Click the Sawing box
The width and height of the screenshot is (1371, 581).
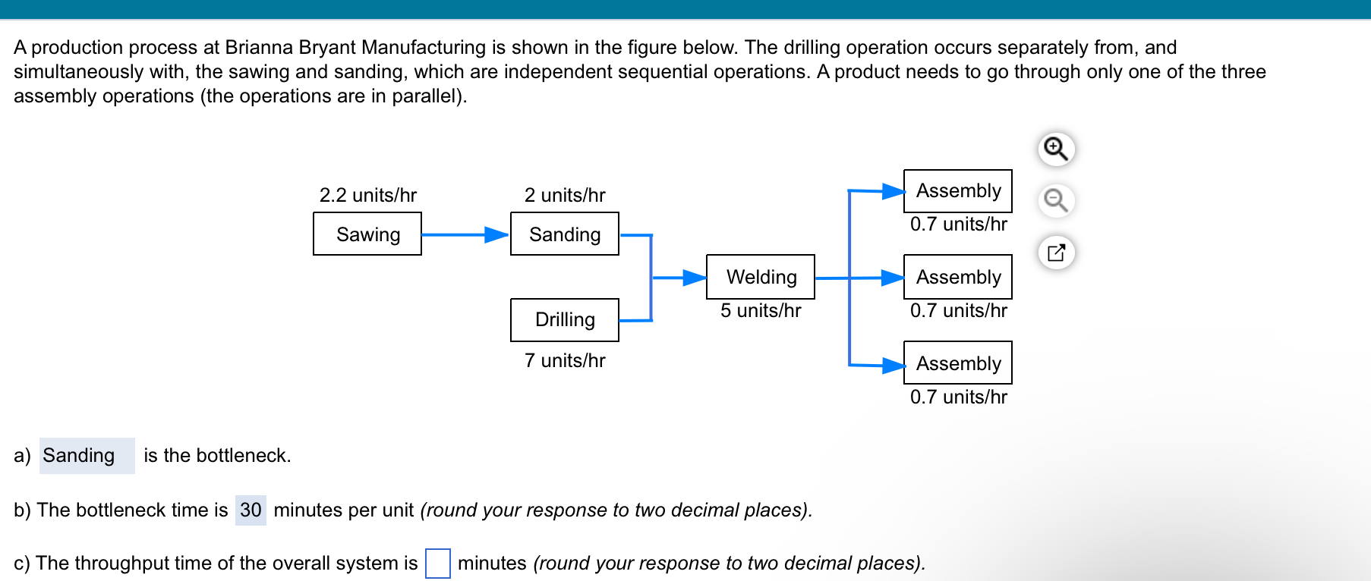pos(367,234)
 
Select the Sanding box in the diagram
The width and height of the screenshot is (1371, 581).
pos(565,234)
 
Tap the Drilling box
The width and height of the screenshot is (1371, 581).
pos(565,319)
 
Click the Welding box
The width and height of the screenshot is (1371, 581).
pos(761,277)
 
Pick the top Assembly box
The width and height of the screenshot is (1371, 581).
pos(958,190)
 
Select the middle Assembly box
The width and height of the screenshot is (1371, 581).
pos(958,277)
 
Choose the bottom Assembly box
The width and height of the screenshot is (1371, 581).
pos(958,363)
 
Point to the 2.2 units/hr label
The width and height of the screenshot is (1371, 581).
pos(368,195)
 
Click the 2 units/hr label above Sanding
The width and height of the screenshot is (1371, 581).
pos(565,195)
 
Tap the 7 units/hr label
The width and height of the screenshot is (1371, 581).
pos(565,360)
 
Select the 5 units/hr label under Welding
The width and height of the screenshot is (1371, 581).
pos(761,310)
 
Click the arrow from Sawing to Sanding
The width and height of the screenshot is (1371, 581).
pos(465,234)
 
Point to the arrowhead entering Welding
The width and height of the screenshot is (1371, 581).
pos(695,278)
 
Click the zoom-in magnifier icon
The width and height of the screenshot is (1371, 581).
pos(1056,149)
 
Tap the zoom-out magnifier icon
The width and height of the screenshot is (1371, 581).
pos(1056,201)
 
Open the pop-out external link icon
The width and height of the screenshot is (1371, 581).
pos(1056,253)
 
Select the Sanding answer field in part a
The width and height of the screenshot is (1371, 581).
pos(87,455)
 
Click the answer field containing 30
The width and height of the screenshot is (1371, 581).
pos(251,510)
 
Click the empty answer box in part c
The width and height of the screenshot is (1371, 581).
pos(438,564)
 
